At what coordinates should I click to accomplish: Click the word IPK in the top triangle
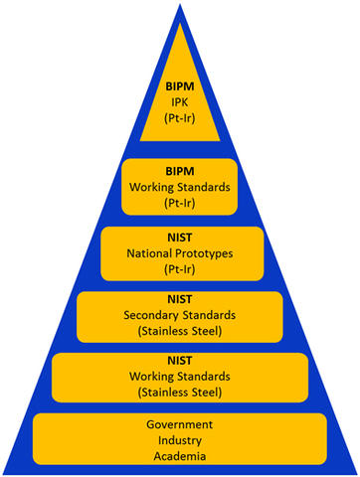[x=180, y=102]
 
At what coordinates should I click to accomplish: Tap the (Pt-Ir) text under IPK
[x=180, y=118]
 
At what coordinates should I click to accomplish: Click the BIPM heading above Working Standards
[x=180, y=169]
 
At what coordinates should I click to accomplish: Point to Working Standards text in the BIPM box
[x=180, y=185]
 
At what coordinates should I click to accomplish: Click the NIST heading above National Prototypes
[x=180, y=238]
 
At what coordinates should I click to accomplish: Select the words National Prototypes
[x=180, y=253]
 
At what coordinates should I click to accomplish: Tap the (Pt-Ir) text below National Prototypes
[x=180, y=269]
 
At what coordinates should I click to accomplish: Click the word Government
[x=180, y=423]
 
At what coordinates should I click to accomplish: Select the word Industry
[x=180, y=439]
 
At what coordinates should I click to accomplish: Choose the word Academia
[x=180, y=455]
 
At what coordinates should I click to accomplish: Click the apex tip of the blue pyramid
[x=180, y=5]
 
